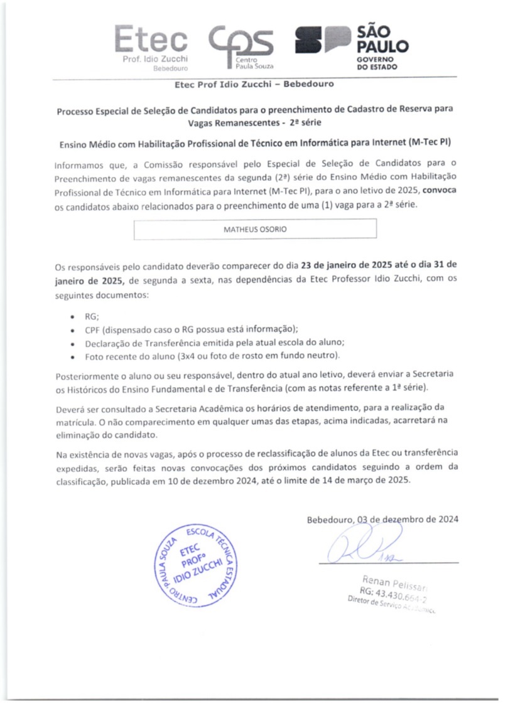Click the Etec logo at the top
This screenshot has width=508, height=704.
click(151, 47)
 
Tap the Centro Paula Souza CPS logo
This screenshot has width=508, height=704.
click(242, 46)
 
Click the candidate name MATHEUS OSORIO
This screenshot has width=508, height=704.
click(255, 229)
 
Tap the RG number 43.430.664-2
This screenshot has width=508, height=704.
click(393, 593)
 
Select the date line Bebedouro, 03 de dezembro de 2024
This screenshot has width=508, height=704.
click(382, 520)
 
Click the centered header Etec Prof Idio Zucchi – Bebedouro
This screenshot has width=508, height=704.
click(254, 84)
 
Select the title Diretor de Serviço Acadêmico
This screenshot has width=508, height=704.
click(392, 605)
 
